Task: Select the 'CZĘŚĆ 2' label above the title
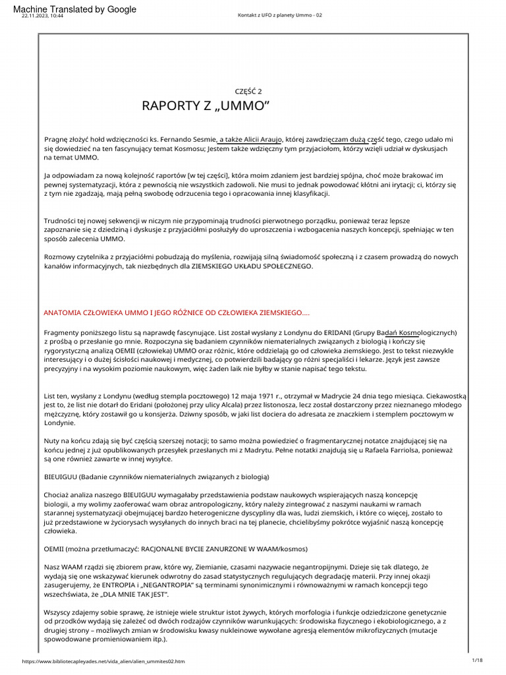coord(248,92)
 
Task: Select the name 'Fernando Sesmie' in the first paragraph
coord(186,140)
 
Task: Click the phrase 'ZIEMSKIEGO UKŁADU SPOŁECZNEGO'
coord(251,266)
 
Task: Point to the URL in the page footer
coord(103,661)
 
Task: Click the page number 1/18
coord(478,660)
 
